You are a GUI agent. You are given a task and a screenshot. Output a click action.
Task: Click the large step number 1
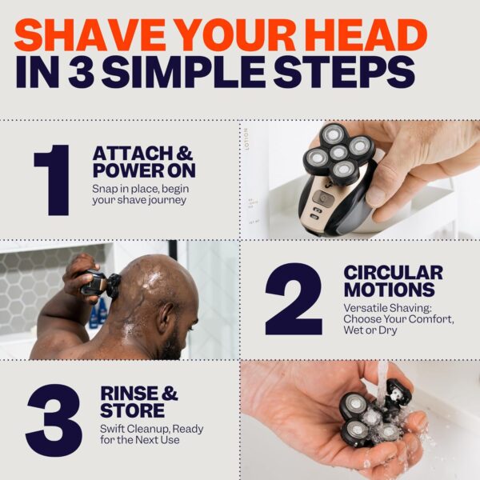55,179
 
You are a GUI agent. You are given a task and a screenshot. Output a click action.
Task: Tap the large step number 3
54,420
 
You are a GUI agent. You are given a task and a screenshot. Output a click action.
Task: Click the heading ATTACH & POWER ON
144,162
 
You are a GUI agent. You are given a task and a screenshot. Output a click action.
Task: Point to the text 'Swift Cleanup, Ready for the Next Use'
152,435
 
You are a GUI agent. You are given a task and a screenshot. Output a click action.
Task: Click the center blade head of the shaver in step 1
339,152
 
